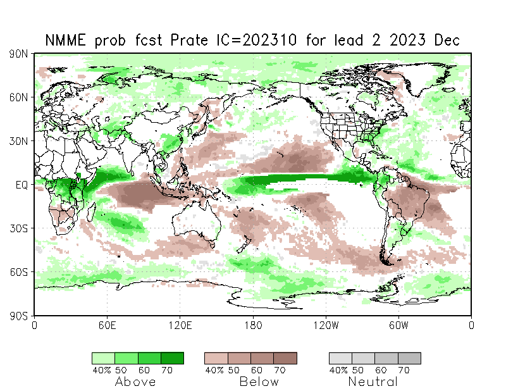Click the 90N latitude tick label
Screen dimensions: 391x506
point(18,54)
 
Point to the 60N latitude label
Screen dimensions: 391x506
point(18,97)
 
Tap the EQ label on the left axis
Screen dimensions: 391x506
point(21,185)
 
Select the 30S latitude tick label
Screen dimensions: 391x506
point(18,228)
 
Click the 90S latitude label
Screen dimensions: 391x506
point(18,315)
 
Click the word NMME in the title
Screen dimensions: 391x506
point(67,40)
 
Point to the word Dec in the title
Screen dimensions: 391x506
point(447,40)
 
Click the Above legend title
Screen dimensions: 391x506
point(136,382)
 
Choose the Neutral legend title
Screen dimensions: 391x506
point(373,382)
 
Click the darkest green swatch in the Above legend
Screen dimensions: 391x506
point(172,358)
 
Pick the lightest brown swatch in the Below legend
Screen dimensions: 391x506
point(216,358)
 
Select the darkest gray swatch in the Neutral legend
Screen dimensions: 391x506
point(409,358)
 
